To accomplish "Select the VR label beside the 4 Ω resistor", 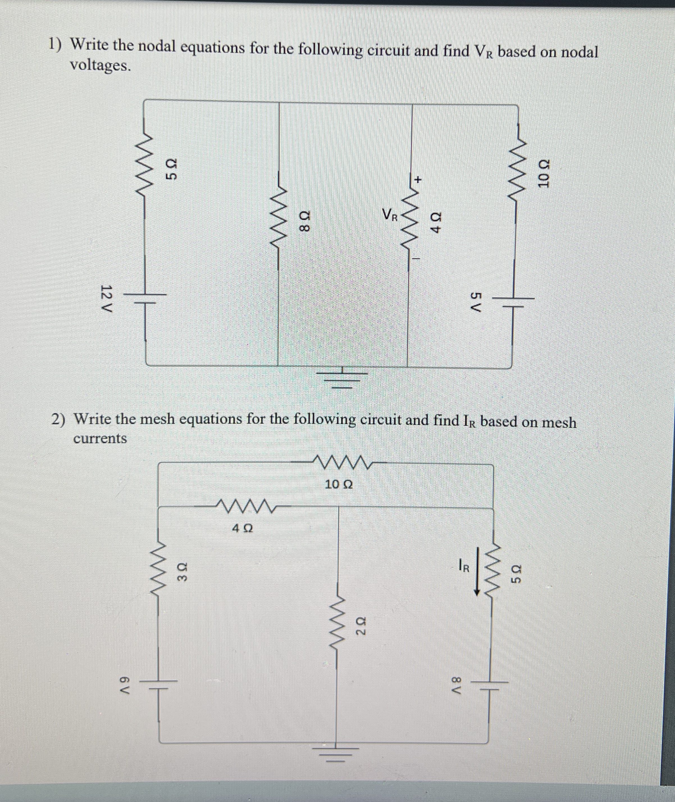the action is [x=391, y=215].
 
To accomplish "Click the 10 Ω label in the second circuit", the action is [x=339, y=485].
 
